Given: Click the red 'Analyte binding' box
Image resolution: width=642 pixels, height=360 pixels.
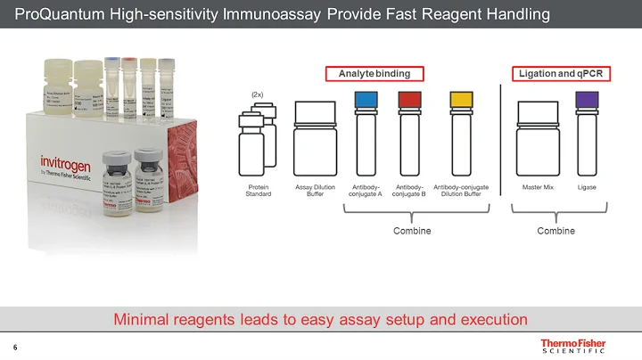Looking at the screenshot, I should [374, 73].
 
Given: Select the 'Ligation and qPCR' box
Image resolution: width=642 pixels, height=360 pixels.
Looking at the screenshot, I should [559, 73].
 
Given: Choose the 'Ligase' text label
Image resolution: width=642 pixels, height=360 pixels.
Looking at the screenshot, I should [587, 187].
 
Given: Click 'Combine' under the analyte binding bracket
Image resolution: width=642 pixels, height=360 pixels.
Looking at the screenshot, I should [412, 231].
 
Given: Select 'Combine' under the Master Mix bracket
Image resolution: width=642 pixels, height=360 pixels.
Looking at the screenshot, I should [556, 231].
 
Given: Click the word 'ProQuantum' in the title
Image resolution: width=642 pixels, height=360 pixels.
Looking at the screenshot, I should [53, 14].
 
